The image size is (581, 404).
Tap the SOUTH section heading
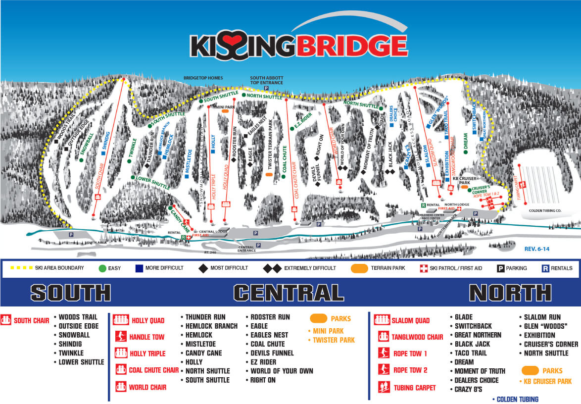[x=71, y=293]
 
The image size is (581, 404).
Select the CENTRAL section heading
[x=289, y=293]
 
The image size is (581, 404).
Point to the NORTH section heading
[x=510, y=293]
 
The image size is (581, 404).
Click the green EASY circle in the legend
[x=102, y=268]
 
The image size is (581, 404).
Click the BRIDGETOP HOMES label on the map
[x=203, y=78]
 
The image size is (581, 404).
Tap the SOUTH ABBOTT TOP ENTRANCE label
[x=266, y=80]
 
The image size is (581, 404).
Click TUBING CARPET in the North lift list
[x=415, y=388]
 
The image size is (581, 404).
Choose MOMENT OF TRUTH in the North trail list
[x=480, y=371]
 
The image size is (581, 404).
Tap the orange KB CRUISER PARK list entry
[x=547, y=381]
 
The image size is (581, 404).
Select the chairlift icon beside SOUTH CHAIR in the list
[x=6, y=320]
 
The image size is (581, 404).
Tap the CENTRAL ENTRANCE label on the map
[x=246, y=249]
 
